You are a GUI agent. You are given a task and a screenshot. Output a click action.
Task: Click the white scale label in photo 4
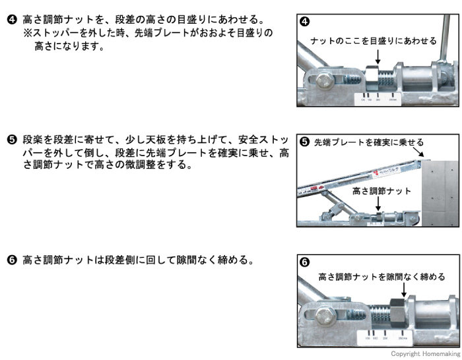click(379, 100)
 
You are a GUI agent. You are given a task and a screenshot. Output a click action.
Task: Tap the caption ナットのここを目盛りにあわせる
click(374, 41)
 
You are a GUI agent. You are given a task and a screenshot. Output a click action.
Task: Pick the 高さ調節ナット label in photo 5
click(381, 191)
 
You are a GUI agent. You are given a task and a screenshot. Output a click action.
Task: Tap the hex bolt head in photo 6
click(325, 316)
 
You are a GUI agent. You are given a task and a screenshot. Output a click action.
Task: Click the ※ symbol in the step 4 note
click(28, 32)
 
